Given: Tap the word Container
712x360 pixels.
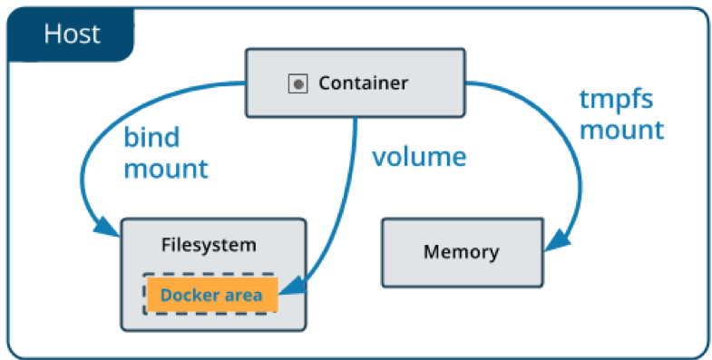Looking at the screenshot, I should point(363,83).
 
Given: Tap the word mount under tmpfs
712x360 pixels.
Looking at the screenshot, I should point(621,129).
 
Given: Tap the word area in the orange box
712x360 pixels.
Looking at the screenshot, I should point(243,295).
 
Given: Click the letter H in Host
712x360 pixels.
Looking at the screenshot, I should point(52,35).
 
